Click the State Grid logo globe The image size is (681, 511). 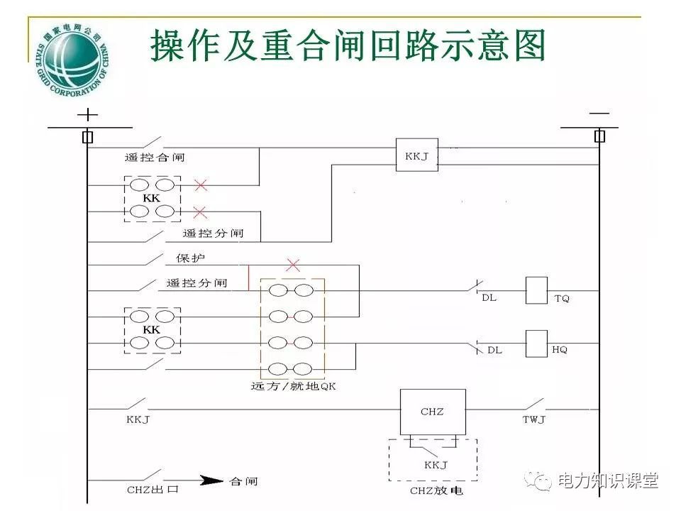72,57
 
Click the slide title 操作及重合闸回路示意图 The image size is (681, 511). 348,45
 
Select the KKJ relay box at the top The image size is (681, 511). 416,155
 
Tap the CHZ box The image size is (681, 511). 432,412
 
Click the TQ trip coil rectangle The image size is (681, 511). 536,290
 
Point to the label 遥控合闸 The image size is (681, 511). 155,158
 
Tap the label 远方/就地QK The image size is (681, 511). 292,387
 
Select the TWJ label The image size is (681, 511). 534,419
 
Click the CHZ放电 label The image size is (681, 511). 433,490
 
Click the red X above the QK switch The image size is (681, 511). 292,265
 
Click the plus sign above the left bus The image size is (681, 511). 87,114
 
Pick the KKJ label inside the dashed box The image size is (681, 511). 436,465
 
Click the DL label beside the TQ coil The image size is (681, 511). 489,297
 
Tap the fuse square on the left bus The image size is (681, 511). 87,137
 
